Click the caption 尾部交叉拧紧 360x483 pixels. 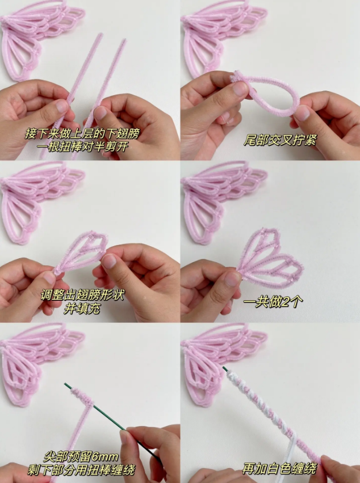pos(280,140)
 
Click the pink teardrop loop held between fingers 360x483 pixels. pos(268,95)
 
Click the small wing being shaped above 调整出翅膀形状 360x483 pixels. pos(84,254)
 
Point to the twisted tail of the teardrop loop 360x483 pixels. pos(237,78)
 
